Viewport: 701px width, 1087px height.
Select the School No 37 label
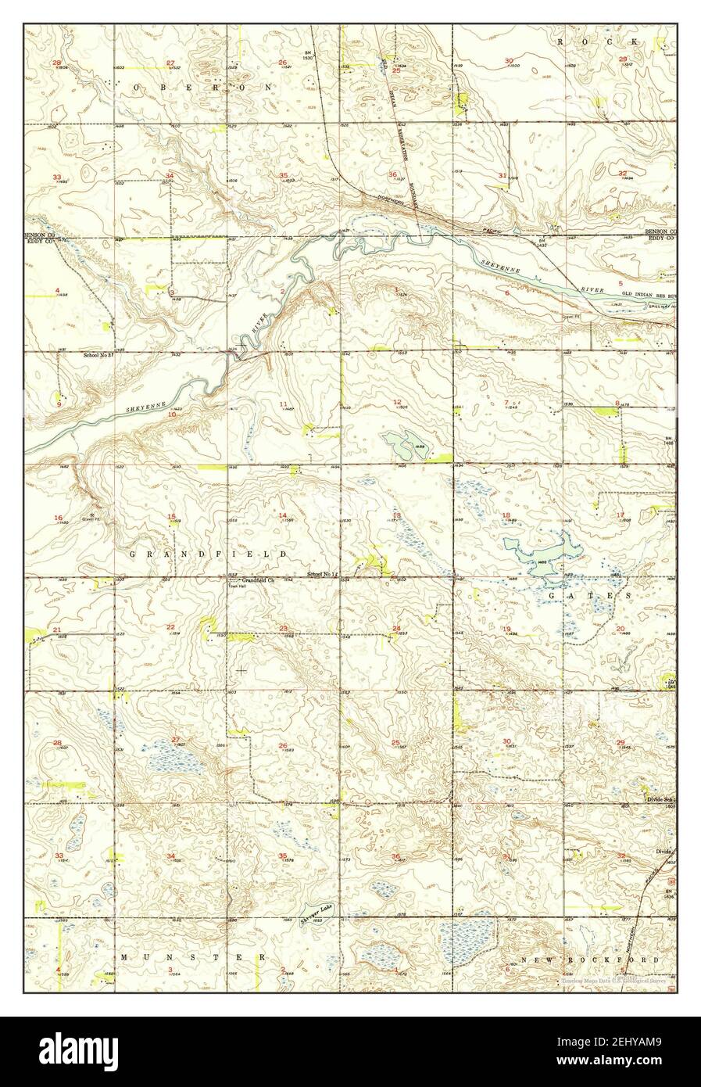(99, 354)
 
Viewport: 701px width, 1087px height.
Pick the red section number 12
(397, 403)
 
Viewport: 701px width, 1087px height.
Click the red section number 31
(502, 175)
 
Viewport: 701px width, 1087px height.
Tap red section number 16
(58, 518)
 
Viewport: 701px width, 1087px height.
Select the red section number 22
(170, 627)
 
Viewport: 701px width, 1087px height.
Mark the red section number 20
(620, 629)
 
